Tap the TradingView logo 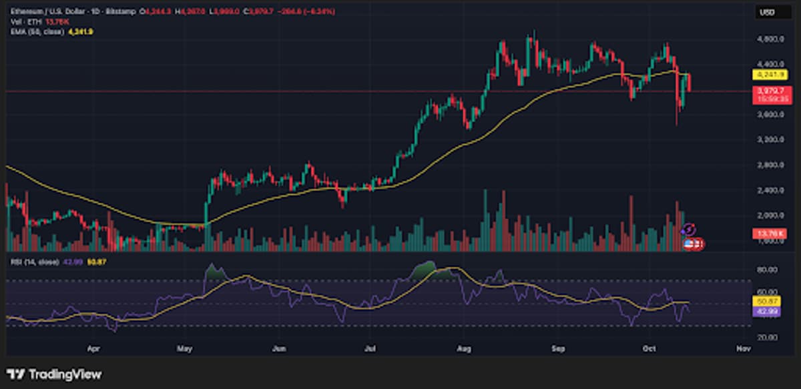(54, 374)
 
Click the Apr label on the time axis (93, 348)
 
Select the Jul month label (369, 348)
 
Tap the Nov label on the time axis (741, 348)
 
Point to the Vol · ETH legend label (22, 22)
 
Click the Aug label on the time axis (462, 348)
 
